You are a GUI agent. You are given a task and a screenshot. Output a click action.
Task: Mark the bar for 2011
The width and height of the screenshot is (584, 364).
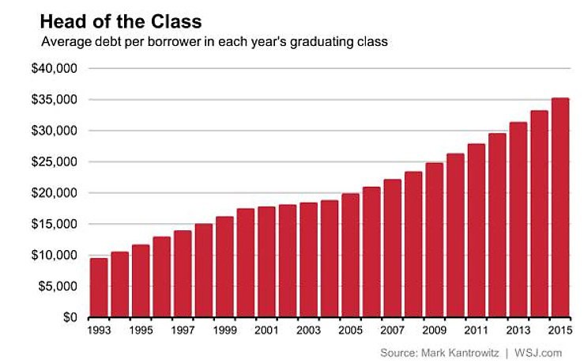tap(476, 230)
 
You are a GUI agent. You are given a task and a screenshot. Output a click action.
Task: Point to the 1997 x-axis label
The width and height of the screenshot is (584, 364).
tap(183, 331)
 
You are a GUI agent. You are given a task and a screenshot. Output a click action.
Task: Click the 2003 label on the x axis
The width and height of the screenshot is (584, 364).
tap(308, 331)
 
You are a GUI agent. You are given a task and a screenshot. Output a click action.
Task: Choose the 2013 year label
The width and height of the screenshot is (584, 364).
tap(518, 331)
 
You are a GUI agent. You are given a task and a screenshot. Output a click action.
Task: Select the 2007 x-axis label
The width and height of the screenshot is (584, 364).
tap(392, 331)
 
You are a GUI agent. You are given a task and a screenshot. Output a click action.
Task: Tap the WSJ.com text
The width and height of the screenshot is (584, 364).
tap(541, 351)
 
